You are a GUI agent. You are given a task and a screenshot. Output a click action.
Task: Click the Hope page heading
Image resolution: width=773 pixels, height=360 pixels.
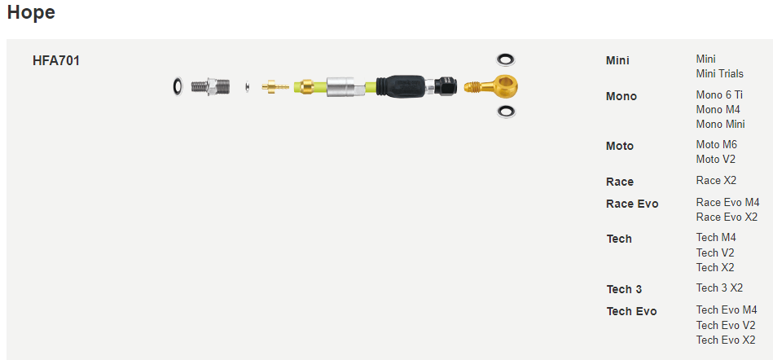pyautogui.click(x=31, y=13)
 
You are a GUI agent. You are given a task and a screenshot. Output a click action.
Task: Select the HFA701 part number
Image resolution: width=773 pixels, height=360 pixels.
pyautogui.click(x=55, y=61)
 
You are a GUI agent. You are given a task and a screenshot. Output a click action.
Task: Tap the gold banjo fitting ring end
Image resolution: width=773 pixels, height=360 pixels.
pyautogui.click(x=506, y=86)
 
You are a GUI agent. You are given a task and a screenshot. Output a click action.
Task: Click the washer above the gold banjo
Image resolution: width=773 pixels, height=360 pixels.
pyautogui.click(x=506, y=59)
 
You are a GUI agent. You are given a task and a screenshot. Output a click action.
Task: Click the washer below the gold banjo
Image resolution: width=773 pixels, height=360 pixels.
pyautogui.click(x=506, y=111)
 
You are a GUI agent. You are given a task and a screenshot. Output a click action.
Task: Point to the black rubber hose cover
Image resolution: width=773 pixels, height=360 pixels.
pyautogui.click(x=400, y=86)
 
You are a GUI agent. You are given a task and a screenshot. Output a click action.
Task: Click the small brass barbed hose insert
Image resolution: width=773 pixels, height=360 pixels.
pyautogui.click(x=275, y=86)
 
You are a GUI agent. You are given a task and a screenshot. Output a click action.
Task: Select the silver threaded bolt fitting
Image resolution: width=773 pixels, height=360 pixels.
pyautogui.click(x=210, y=86)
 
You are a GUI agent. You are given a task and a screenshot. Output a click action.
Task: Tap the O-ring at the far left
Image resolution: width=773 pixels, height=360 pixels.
pyautogui.click(x=178, y=87)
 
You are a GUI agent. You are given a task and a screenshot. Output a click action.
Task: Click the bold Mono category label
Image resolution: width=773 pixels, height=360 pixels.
pyautogui.click(x=621, y=97)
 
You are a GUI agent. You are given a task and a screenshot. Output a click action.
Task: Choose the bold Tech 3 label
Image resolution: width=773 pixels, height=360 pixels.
pyautogui.click(x=624, y=289)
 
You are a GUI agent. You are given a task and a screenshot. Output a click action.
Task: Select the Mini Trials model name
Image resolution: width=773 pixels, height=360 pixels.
pyautogui.click(x=720, y=74)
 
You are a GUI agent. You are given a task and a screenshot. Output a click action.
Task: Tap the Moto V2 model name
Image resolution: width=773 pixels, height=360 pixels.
pyautogui.click(x=716, y=160)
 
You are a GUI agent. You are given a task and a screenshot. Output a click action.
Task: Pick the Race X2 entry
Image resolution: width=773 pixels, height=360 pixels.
pyautogui.click(x=716, y=181)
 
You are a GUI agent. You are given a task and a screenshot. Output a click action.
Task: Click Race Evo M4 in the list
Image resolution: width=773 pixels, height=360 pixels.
pyautogui.click(x=727, y=203)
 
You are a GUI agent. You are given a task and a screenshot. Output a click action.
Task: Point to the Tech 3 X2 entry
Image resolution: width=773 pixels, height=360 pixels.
pyautogui.click(x=719, y=288)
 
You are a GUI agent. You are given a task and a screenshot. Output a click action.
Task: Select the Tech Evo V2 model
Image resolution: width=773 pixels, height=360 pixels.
pyautogui.click(x=726, y=326)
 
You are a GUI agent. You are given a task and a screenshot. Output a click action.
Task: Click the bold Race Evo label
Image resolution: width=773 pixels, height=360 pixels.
pyautogui.click(x=632, y=204)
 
